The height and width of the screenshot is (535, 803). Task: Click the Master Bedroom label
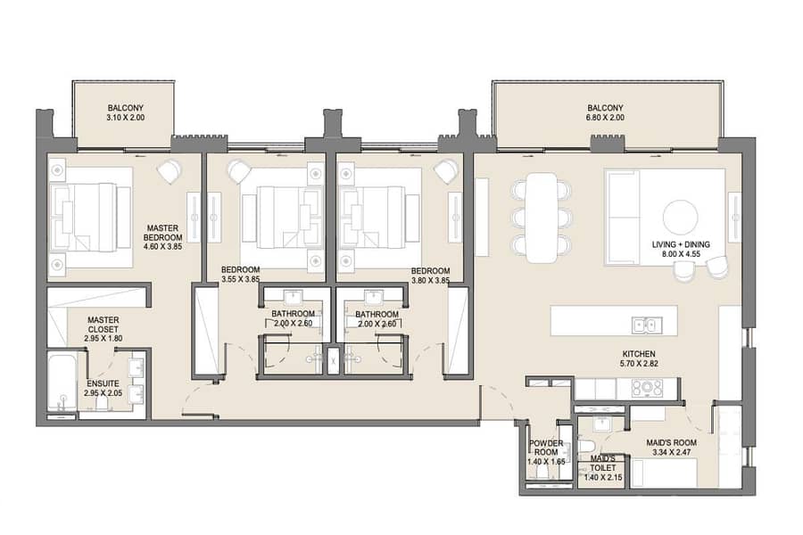(x=163, y=233)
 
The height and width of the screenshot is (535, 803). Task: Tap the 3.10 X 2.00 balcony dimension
(x=126, y=117)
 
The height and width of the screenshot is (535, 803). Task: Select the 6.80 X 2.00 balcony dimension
(x=605, y=117)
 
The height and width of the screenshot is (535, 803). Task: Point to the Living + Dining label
(x=681, y=244)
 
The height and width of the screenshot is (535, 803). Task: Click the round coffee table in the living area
(x=680, y=218)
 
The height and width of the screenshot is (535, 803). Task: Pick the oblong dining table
(x=542, y=218)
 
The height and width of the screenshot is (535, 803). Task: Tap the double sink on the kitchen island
(x=647, y=325)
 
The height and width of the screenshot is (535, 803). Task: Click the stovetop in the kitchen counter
(x=648, y=388)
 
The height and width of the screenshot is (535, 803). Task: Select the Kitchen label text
(x=639, y=354)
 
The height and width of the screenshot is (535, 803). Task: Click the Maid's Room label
(x=671, y=443)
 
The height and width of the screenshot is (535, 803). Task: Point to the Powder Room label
(x=546, y=448)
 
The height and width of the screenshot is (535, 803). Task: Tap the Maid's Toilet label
(x=603, y=464)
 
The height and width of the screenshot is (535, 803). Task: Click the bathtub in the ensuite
(x=63, y=382)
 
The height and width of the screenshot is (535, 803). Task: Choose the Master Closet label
(x=103, y=325)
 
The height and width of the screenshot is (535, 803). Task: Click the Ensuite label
(x=103, y=383)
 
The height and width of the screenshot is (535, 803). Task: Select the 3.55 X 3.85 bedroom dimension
(x=241, y=279)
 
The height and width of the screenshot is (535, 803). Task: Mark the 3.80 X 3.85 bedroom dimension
(x=431, y=281)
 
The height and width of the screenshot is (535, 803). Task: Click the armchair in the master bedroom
(x=170, y=170)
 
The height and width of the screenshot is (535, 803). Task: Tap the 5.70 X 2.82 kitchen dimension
(x=639, y=364)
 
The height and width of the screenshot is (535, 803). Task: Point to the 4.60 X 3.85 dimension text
(x=163, y=246)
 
